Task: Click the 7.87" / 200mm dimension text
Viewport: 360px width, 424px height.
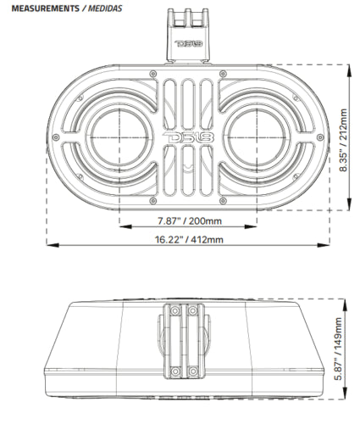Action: coord(190,222)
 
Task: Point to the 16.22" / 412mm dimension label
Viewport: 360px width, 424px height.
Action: coord(189,240)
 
